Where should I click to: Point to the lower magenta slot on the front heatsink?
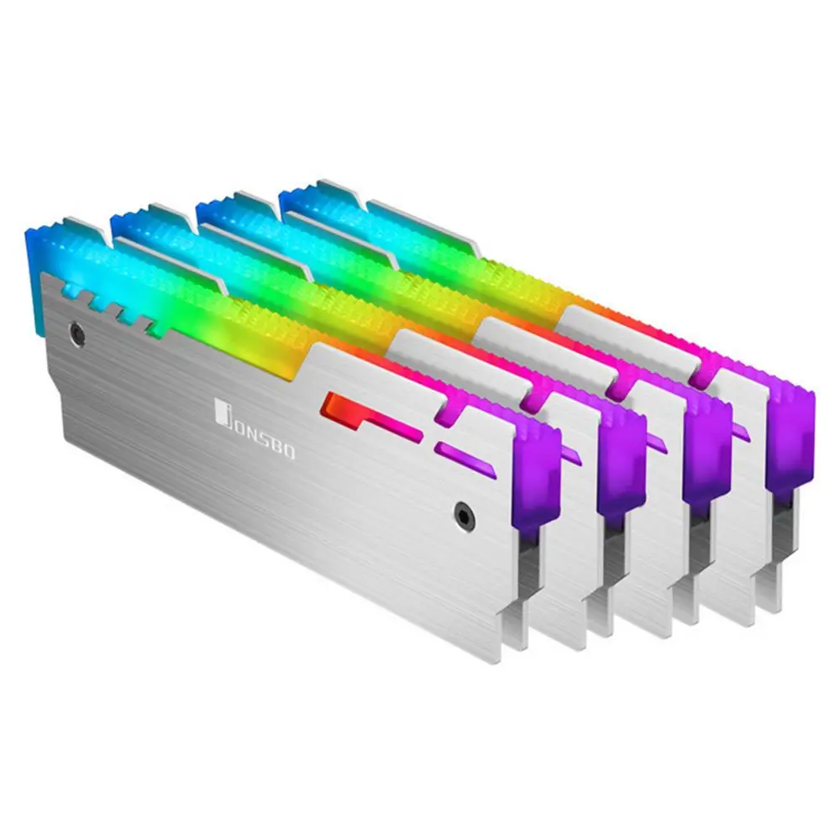[465, 459]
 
